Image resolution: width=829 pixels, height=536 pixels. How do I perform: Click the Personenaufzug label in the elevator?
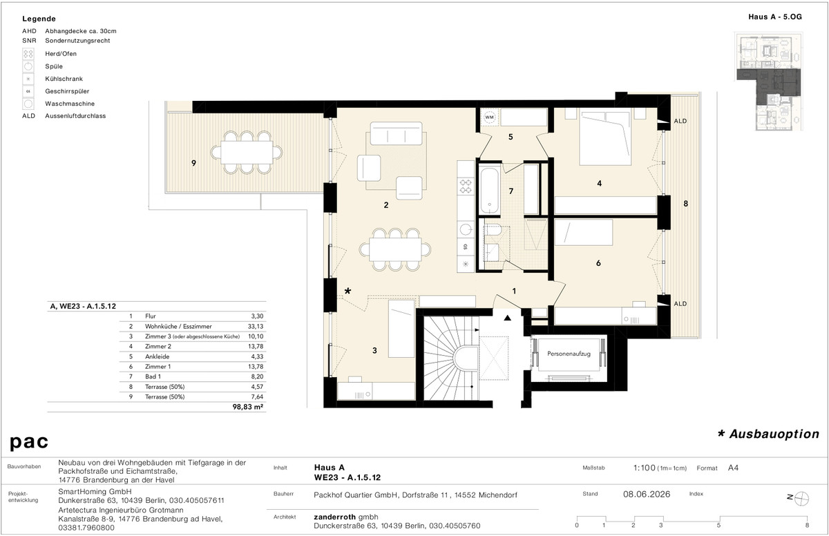coord(569,354)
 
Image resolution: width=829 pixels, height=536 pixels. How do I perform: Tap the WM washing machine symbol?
coord(489,117)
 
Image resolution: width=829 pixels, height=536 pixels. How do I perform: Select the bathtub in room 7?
coord(489,191)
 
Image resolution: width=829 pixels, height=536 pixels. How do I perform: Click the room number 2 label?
coord(386,205)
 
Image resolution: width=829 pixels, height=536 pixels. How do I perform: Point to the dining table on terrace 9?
coord(247,152)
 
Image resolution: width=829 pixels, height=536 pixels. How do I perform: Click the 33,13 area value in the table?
coord(256,326)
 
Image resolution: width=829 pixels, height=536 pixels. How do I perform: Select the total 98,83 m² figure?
coord(247,407)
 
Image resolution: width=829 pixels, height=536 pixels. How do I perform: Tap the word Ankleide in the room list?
coord(158,356)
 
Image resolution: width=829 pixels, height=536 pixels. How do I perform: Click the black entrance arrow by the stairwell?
coord(507,317)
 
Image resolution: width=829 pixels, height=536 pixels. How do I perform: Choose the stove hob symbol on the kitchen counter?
coord(466,186)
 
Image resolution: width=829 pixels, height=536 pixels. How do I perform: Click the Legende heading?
coord(39,19)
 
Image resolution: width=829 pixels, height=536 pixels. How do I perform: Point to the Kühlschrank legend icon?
coord(28,79)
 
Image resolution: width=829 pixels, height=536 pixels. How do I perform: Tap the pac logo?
coord(29,442)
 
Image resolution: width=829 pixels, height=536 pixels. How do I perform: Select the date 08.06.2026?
coord(647,494)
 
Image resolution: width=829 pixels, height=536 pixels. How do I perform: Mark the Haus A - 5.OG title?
coord(775,17)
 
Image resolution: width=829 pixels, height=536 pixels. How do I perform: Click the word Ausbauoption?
coord(774,434)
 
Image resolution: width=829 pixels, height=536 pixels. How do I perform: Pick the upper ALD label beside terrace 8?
coord(680,121)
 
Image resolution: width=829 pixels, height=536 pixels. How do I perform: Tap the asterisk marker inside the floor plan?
coord(347,291)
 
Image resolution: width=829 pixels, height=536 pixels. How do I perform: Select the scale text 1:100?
coord(645,468)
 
